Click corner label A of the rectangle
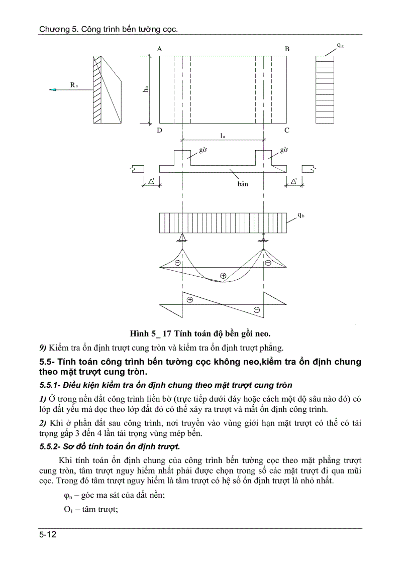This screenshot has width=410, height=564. click(159, 49)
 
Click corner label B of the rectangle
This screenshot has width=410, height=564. click(287, 49)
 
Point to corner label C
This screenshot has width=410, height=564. click(287, 131)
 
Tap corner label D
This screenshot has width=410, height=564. click(159, 131)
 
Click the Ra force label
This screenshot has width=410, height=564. click(74, 85)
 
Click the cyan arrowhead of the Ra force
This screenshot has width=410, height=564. click(52, 90)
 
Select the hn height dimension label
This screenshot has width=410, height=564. click(145, 89)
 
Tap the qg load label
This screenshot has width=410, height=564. click(340, 46)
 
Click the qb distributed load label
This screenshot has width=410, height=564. click(299, 215)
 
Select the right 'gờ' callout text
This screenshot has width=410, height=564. click(284, 150)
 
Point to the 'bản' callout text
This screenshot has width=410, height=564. click(243, 184)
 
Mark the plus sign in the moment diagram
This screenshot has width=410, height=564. click(223, 275)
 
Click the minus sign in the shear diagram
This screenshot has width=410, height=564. click(256, 309)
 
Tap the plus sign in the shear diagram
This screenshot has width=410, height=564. click(190, 299)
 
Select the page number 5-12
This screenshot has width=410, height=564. click(48, 535)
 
